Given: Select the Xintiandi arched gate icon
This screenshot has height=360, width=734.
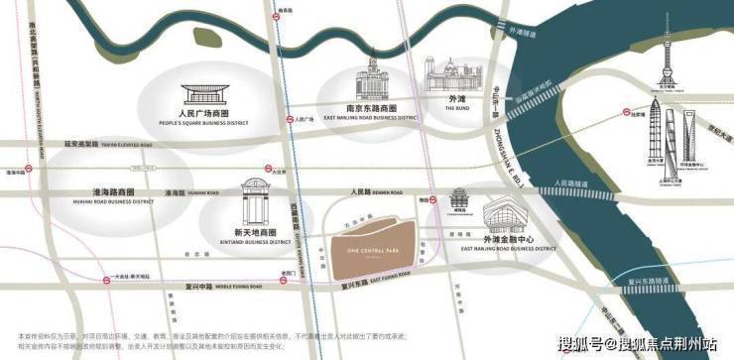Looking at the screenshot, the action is pos(255,204).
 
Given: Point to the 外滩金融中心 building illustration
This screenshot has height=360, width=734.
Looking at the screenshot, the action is pos(513,215).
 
